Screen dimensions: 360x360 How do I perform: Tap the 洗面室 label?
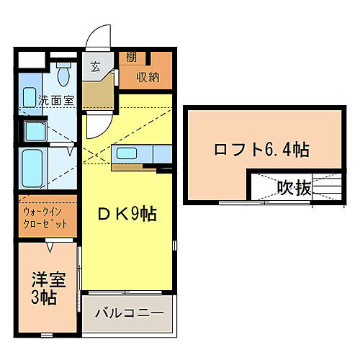tap(57, 102)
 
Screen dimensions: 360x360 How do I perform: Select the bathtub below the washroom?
tap(33, 168)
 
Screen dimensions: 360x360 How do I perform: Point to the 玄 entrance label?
tap(96, 68)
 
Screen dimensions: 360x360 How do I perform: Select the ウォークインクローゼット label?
tap(45, 217)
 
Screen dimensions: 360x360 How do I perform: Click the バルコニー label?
tap(127, 315)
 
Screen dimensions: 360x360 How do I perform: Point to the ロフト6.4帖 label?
tap(261, 150)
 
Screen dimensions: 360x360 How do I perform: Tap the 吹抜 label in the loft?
tap(294, 189)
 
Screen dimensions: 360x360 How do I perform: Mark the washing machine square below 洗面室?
tap(33, 132)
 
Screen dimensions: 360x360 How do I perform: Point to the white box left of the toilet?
tap(31, 58)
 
